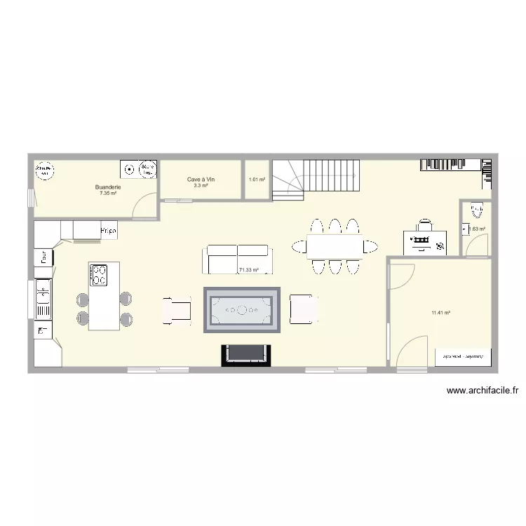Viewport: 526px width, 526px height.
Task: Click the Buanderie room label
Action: pos(109,187)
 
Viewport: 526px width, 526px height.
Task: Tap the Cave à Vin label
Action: pos(201,180)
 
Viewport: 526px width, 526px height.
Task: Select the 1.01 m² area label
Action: pos(257,180)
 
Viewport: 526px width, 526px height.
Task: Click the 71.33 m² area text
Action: pos(249,269)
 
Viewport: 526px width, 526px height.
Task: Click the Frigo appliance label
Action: pos(108,230)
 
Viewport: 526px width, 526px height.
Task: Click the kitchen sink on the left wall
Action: pos(43,299)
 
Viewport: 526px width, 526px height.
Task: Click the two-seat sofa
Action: pos(236,259)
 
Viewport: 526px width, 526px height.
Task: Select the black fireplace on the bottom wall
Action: pos(245,355)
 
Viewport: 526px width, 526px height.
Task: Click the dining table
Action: pos(335,246)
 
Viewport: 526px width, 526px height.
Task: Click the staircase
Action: pos(316,178)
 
